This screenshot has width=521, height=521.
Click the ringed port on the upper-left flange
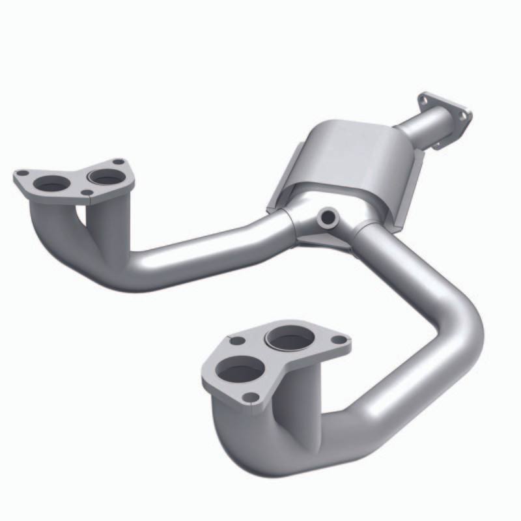(106, 177)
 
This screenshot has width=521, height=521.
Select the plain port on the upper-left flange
(52, 185)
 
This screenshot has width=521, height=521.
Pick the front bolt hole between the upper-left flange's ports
(87, 192)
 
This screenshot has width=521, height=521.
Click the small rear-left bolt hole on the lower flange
(238, 341)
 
